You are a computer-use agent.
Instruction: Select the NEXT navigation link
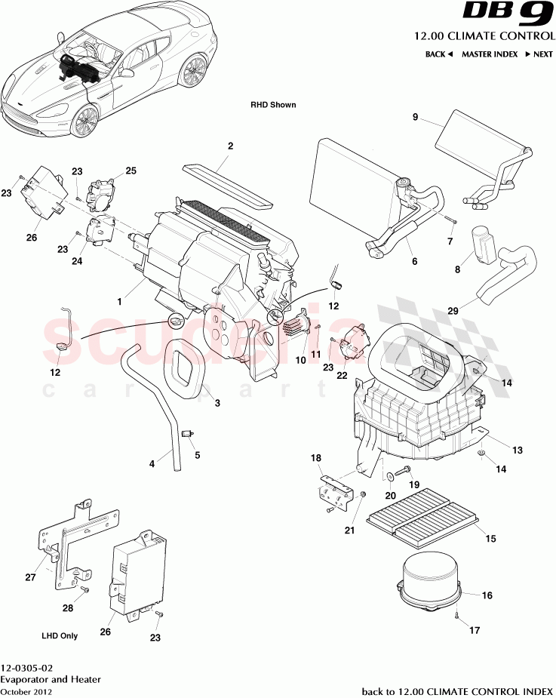(539, 54)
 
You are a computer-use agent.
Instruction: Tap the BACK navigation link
(438, 54)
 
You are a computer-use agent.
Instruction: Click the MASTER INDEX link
(489, 54)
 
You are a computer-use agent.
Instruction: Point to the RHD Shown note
(274, 105)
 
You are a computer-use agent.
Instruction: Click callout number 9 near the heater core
(414, 116)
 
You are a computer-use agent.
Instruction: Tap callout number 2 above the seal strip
(230, 146)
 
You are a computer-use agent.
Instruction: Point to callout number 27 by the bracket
(30, 578)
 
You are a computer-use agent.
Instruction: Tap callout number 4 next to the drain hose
(152, 463)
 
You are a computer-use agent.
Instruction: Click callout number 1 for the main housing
(119, 300)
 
